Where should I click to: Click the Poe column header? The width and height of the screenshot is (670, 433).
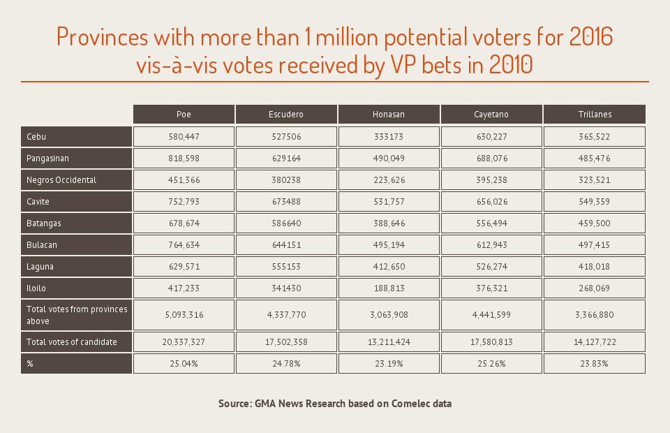184,114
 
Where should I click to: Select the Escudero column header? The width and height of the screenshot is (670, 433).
286,114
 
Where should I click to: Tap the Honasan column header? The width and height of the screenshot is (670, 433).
389,114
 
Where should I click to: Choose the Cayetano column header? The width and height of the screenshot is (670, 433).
491,114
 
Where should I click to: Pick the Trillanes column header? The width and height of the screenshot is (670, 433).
594,114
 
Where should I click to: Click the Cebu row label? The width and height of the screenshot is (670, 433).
36,136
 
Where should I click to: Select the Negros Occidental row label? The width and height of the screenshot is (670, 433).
61,179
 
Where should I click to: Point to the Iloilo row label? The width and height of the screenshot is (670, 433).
36,288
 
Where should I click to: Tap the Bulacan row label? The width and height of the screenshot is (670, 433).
42,244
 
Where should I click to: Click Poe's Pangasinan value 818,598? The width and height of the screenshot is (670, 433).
184,159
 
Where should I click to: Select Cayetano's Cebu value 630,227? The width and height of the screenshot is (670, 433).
491,136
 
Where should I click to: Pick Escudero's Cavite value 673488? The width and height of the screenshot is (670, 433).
286,202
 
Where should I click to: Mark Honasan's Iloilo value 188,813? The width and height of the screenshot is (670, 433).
389,288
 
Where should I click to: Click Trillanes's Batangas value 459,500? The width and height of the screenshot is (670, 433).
594,223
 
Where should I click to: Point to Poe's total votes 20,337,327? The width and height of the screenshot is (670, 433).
184,342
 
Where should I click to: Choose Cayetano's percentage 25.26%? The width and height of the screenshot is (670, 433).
491,364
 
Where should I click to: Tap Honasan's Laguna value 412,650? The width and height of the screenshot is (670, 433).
389,266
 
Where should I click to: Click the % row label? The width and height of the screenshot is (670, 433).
30,364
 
